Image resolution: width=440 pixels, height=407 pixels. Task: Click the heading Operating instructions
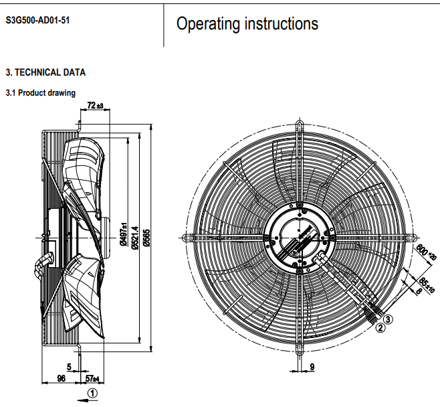click(x=247, y=24)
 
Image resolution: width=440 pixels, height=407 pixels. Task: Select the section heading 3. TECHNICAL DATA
click(x=45, y=72)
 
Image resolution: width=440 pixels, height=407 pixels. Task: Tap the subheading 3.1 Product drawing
click(x=40, y=93)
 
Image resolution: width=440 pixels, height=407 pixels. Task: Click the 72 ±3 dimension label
click(x=96, y=106)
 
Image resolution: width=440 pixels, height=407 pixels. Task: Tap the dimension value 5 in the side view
click(x=69, y=365)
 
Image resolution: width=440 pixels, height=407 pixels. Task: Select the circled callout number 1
click(x=93, y=392)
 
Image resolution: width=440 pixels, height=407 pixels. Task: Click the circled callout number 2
click(x=380, y=328)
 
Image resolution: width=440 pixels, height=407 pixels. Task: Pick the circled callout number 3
click(x=389, y=319)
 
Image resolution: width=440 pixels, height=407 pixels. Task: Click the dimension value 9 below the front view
click(x=312, y=366)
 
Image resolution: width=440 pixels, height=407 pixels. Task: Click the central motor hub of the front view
click(x=298, y=236)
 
